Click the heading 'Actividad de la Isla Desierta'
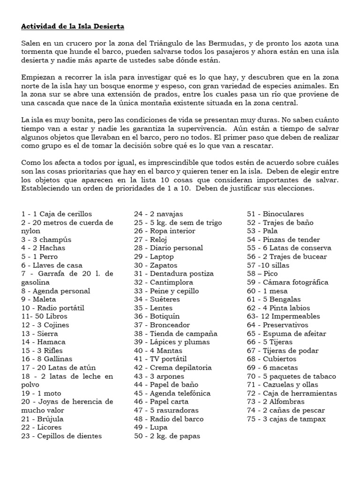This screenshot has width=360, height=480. [73, 26]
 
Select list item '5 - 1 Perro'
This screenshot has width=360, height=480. [39, 256]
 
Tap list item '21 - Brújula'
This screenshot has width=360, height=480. [42, 419]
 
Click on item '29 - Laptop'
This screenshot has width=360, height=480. [154, 256]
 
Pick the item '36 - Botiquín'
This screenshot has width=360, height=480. [157, 316]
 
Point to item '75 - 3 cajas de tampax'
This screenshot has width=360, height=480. [286, 419]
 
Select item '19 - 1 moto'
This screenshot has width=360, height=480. [41, 393]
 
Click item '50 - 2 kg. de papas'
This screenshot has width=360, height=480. [167, 436]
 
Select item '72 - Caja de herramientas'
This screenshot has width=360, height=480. [292, 393]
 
